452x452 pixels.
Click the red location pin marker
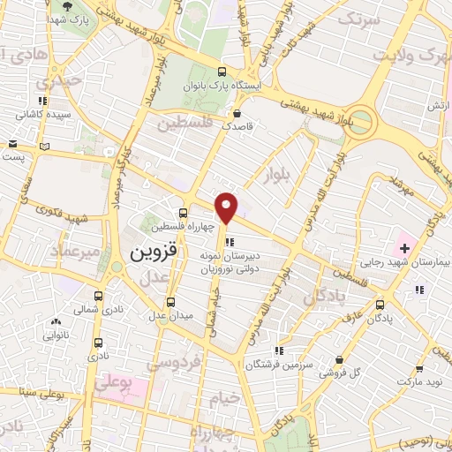228,207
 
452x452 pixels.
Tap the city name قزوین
154,251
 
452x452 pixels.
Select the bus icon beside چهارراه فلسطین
183,213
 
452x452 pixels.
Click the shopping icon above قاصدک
237,113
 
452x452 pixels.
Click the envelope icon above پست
12,144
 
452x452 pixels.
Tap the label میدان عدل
176,317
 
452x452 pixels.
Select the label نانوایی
56,335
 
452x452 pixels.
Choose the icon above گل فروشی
341,359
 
